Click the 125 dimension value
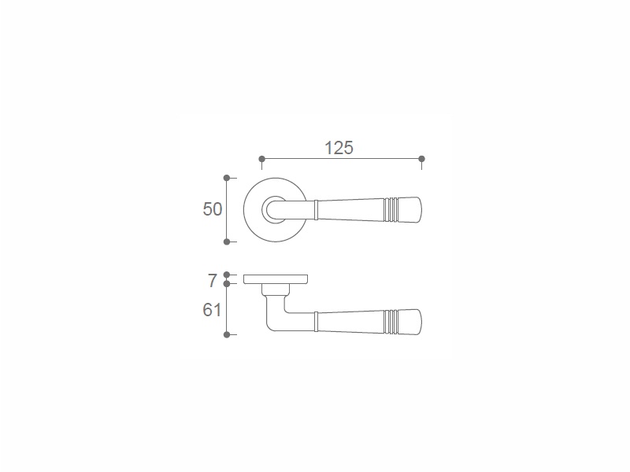pyautogui.click(x=339, y=148)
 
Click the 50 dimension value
pyautogui.click(x=212, y=209)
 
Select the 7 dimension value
pyautogui.click(x=213, y=281)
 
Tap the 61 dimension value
pyautogui.click(x=212, y=310)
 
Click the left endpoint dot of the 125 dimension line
pyautogui.click(x=261, y=159)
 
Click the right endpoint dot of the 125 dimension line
pyautogui.click(x=421, y=159)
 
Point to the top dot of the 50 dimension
pyautogui.click(x=227, y=178)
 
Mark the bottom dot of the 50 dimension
pyautogui.click(x=227, y=242)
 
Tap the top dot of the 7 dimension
pyautogui.click(x=227, y=275)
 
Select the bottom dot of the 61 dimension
pyautogui.click(x=227, y=334)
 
